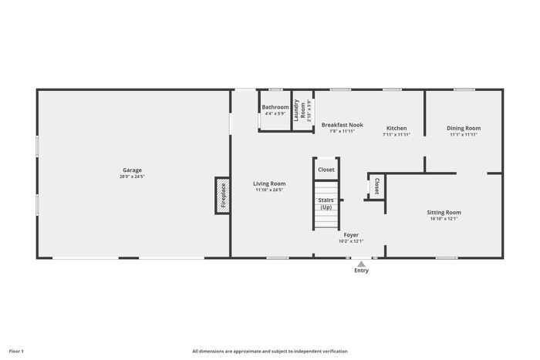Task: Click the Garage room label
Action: (132, 170)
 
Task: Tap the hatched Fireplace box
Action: (223, 196)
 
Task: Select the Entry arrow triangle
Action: (361, 264)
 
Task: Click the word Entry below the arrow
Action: (361, 271)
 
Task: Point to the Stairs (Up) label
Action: (326, 204)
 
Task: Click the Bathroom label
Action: (275, 107)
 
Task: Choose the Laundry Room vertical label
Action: (299, 110)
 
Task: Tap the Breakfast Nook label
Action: (343, 125)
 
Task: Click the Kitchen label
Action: (397, 128)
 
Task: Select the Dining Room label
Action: (464, 128)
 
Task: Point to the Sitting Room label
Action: (444, 212)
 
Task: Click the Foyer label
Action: (351, 235)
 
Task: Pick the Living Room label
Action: (269, 183)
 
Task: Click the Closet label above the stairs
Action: (326, 170)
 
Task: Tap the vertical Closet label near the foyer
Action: (376, 187)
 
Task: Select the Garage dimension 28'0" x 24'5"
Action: (132, 177)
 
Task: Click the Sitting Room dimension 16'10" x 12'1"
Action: (444, 219)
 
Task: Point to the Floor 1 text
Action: (16, 352)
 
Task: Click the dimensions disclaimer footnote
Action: (270, 352)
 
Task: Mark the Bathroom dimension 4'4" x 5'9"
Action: (275, 113)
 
